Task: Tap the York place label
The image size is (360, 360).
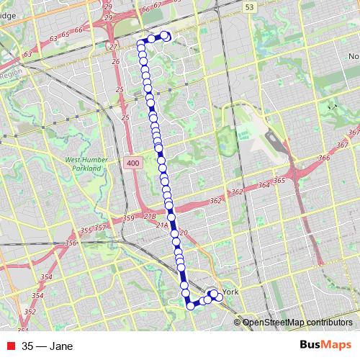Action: coord(230,292)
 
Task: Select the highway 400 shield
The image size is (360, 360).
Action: coord(131,164)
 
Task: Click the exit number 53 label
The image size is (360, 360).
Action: coord(249,6)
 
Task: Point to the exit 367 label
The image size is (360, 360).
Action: coord(353,133)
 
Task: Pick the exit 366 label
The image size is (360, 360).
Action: coord(323,158)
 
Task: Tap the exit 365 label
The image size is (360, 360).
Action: coord(279,181)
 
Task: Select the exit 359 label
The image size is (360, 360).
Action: coord(129,218)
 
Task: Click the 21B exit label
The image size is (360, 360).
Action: coord(150,216)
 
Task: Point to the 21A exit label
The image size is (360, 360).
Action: coord(161,225)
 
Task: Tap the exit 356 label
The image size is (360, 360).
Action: coord(71,243)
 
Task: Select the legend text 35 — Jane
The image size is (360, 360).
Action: coord(48,346)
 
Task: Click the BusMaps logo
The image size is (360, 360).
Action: coord(326,346)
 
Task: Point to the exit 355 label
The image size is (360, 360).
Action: coord(86,230)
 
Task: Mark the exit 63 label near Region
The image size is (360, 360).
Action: coord(29,54)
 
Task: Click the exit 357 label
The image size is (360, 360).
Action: coord(99,228)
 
